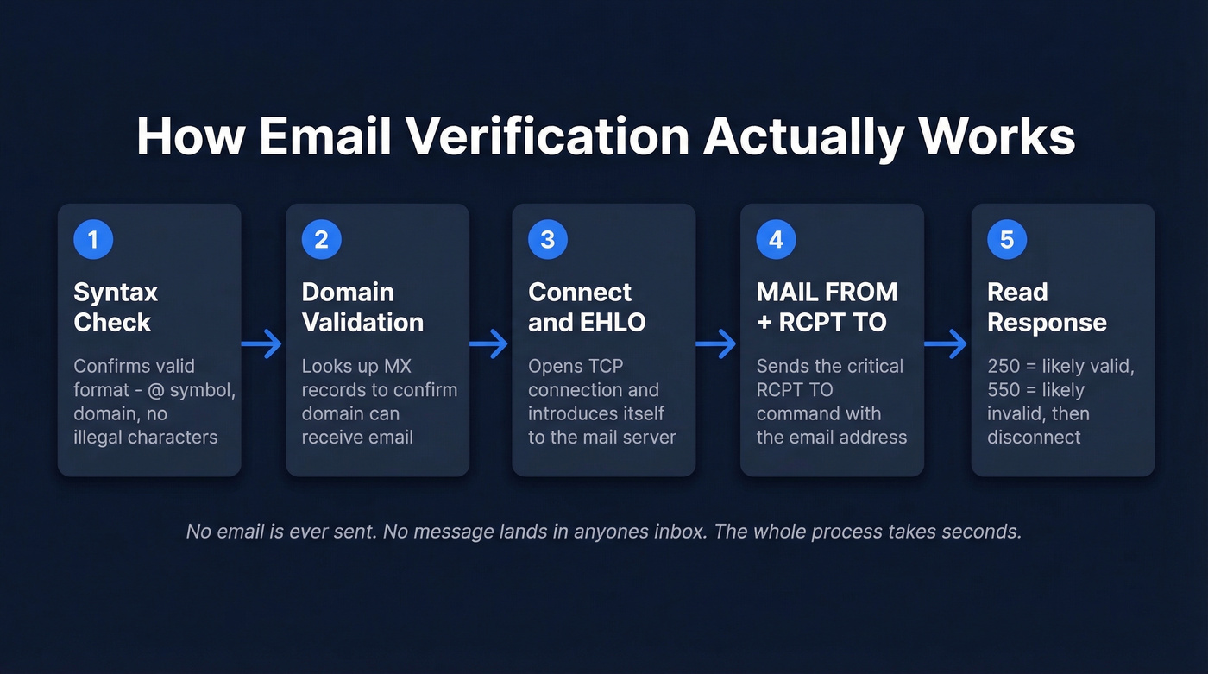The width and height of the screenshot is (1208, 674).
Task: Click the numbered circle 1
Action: click(x=93, y=239)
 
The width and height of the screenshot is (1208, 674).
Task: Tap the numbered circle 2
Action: click(x=321, y=239)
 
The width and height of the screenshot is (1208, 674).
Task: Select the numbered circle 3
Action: click(x=547, y=239)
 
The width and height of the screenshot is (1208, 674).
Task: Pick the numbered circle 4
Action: click(x=776, y=239)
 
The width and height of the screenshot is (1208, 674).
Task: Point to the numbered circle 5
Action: click(x=1006, y=239)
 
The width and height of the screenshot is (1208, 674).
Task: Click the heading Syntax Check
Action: click(x=116, y=307)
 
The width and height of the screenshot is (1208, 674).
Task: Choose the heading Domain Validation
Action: click(x=362, y=307)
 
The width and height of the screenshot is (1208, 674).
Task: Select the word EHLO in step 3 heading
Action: click(x=612, y=323)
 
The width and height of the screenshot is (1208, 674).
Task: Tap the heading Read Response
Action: click(x=1047, y=307)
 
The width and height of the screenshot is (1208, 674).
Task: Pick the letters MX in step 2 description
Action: click(x=396, y=367)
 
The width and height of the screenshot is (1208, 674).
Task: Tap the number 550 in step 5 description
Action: click(x=1004, y=390)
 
